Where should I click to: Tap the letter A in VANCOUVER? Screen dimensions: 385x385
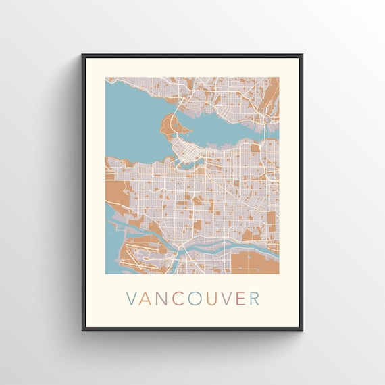[x=148, y=299]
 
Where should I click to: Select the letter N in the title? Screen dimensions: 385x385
[x=164, y=299]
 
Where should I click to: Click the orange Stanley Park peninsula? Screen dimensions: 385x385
[x=170, y=126]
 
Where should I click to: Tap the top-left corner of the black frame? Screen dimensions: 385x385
[x=83, y=55]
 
